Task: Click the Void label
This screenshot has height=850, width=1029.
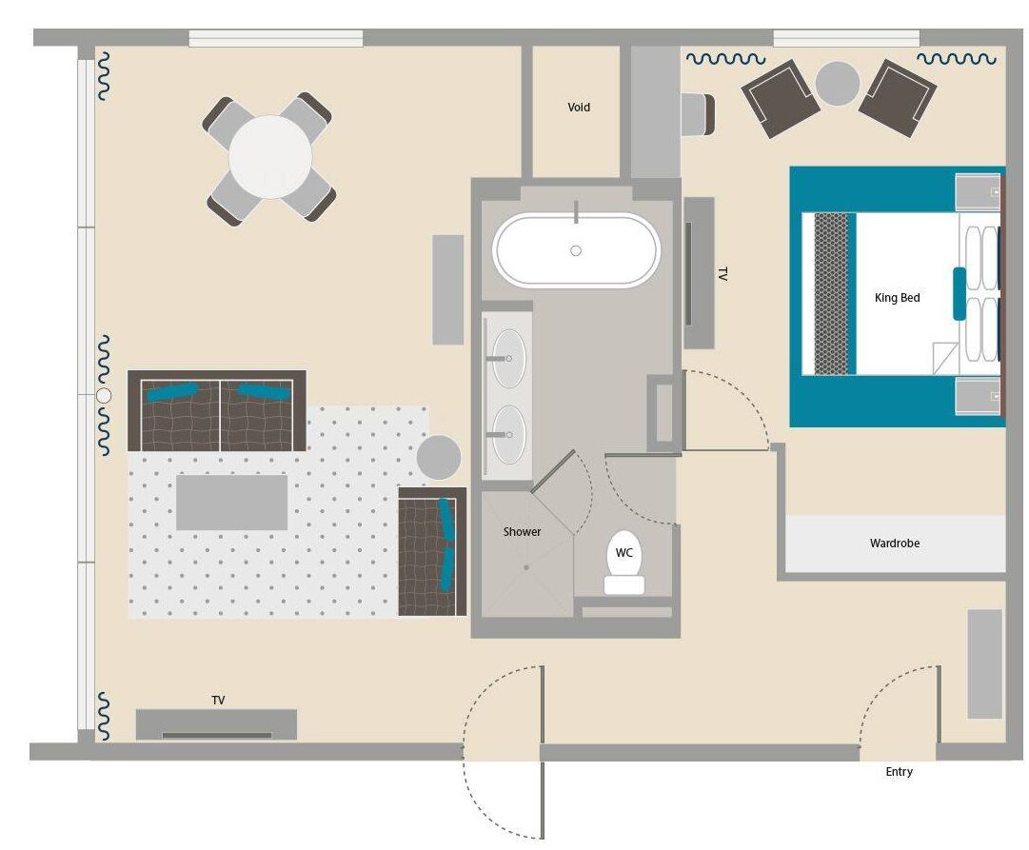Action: tap(579, 108)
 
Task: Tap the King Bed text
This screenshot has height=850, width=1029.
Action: tap(897, 298)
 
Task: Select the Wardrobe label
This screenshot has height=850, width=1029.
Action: tap(894, 544)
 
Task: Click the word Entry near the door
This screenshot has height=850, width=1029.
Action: tap(899, 772)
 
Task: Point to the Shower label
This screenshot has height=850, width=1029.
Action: tap(522, 531)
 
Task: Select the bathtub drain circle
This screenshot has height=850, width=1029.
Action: tap(575, 251)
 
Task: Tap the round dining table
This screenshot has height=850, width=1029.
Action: tap(270, 157)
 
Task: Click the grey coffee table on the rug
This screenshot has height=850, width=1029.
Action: tap(231, 503)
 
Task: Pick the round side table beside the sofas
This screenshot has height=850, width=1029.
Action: tap(439, 457)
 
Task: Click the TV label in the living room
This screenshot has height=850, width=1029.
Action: tap(218, 701)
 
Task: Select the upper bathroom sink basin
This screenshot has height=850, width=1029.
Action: tap(507, 359)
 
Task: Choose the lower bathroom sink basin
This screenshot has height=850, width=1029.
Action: tap(507, 434)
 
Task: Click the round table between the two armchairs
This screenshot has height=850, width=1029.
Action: tap(838, 84)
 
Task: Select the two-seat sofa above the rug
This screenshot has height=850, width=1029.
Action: tap(217, 411)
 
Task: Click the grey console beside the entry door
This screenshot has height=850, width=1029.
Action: tap(984, 663)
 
